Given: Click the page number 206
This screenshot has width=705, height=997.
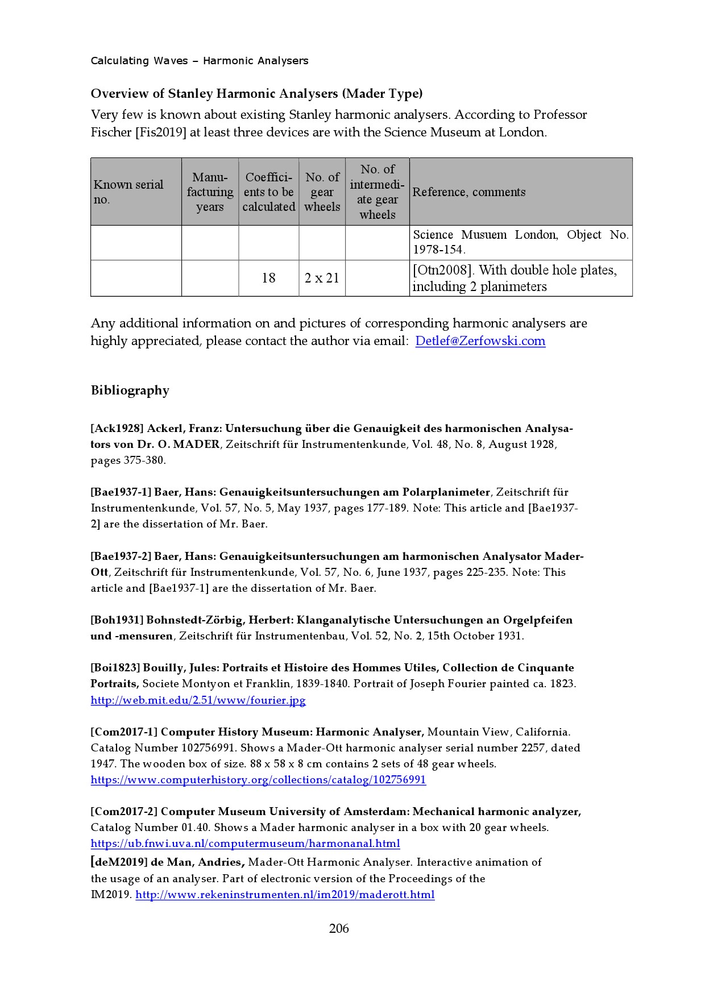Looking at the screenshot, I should click(x=338, y=928).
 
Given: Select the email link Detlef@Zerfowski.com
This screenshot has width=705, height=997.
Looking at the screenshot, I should click(x=480, y=341).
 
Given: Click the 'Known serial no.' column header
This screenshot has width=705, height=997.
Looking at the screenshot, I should click(x=128, y=192).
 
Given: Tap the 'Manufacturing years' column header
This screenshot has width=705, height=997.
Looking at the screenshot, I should click(x=210, y=192).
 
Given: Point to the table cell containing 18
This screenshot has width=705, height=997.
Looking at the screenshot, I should click(x=268, y=278).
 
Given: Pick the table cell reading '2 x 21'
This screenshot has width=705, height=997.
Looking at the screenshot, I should click(x=322, y=278).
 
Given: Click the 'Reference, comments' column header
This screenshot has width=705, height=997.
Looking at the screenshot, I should click(x=468, y=192).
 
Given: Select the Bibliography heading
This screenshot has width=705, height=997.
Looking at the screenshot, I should click(x=130, y=391).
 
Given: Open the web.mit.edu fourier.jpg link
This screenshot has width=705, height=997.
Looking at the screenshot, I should click(x=198, y=700).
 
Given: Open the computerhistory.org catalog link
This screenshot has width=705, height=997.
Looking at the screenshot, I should click(x=258, y=779).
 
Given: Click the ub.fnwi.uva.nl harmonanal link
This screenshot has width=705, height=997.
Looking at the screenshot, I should click(x=245, y=843).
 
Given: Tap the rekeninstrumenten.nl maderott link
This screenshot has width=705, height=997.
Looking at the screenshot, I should click(x=285, y=895).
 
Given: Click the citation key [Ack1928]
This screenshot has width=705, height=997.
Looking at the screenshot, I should click(x=117, y=429).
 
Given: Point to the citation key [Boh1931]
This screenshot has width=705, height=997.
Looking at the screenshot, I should click(x=117, y=620).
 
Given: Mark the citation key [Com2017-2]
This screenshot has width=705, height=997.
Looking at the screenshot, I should click(x=124, y=811).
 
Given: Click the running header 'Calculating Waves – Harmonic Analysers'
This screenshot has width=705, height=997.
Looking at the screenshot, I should click(x=200, y=61).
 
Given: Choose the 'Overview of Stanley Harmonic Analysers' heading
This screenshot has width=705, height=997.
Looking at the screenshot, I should click(x=256, y=93).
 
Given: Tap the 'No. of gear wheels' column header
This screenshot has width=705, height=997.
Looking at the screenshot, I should click(x=322, y=192).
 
